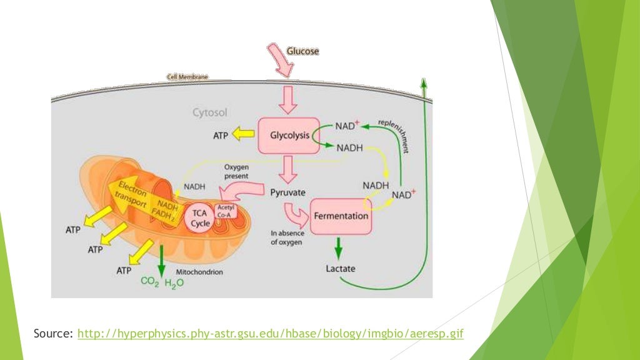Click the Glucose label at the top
click(302, 51)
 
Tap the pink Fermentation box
click(340, 216)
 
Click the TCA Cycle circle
click(201, 218)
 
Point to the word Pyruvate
click(287, 192)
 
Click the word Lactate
click(341, 268)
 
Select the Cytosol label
click(209, 113)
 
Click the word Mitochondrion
click(199, 272)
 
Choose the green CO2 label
click(149, 282)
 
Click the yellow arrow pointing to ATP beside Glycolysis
click(242, 133)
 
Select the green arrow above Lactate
click(339, 247)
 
